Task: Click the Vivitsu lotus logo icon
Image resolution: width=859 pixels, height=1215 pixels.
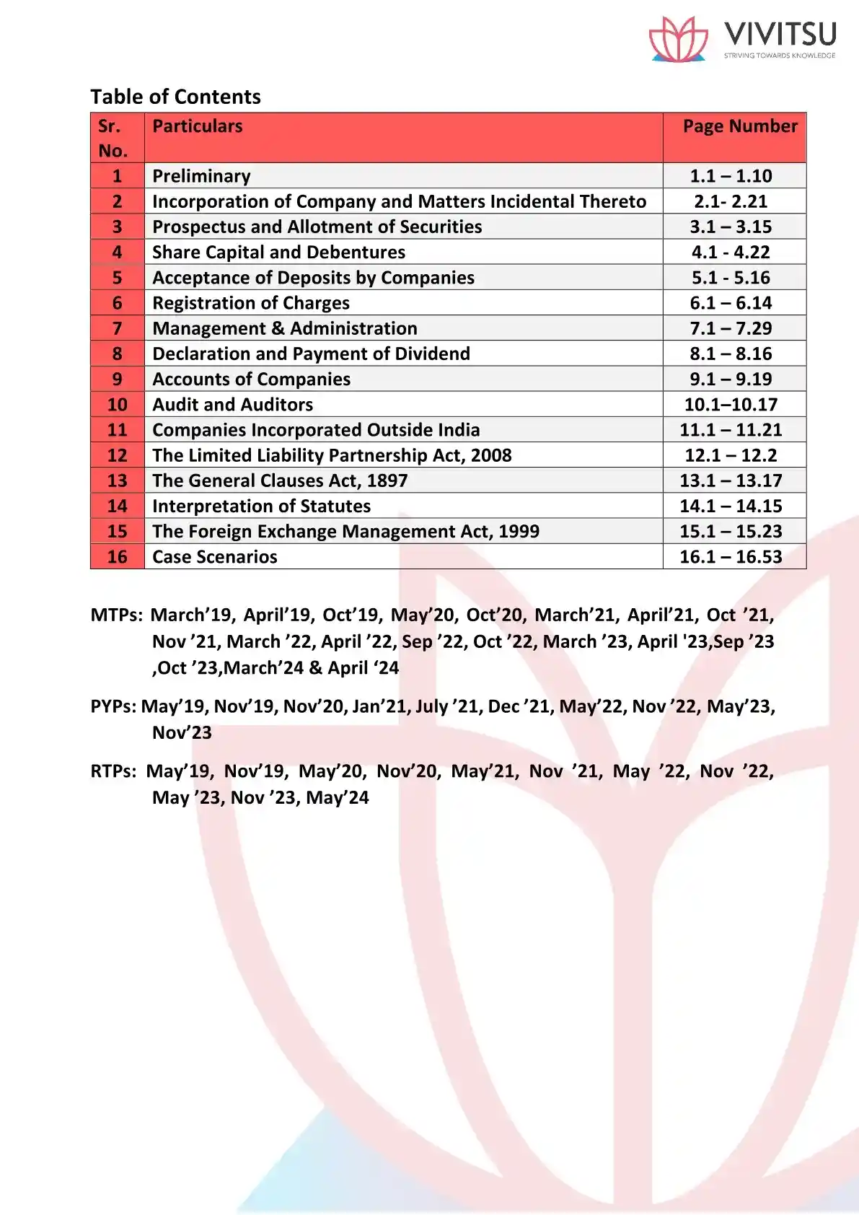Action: pos(678,39)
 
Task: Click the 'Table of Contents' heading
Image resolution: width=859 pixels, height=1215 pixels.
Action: pos(175,97)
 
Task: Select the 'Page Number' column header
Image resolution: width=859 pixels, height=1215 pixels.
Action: pos(740,126)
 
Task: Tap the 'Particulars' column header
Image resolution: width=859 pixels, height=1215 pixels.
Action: pos(197,126)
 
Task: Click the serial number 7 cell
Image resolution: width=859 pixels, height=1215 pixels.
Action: pos(117,328)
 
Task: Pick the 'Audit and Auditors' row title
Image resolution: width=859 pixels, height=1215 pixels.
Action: pos(232,405)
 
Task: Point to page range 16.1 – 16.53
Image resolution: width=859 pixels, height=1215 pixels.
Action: pos(731,557)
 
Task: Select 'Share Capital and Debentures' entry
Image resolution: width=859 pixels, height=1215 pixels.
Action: pos(278,253)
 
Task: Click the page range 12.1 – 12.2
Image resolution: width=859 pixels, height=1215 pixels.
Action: pos(731,455)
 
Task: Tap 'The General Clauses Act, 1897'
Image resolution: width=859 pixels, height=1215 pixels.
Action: pos(280,481)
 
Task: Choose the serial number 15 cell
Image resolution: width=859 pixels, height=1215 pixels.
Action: pos(117,532)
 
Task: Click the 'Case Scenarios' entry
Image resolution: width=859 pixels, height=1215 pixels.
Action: pos(214,557)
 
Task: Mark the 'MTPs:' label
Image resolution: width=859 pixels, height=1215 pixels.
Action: pos(116,615)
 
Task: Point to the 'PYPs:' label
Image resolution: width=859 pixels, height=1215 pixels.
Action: pos(113,706)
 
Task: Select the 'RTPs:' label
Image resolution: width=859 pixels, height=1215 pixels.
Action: pos(113,771)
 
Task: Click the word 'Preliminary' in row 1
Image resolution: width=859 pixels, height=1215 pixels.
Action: pos(201,176)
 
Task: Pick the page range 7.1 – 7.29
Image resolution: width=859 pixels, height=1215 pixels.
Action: pos(731,328)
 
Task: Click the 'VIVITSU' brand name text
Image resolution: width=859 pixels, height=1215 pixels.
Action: pos(780,34)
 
